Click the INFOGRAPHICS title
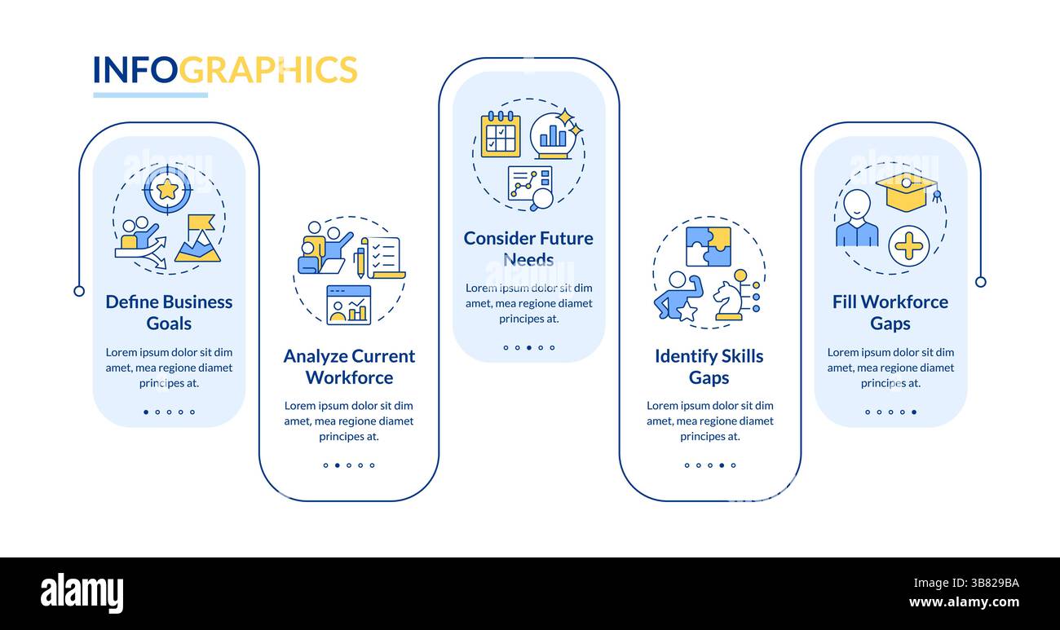point(225,70)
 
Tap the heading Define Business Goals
point(169,312)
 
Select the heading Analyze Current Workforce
point(349,367)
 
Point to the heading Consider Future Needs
point(528,249)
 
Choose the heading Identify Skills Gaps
point(709,367)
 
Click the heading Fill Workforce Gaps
point(890,312)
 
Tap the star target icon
point(167,189)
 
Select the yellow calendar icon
point(500,134)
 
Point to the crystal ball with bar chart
point(554,135)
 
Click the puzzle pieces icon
point(708,246)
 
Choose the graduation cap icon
point(906,190)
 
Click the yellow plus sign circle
point(908,245)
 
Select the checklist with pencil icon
point(381,258)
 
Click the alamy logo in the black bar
point(82,593)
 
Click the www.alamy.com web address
point(964,603)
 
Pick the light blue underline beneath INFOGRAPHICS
point(150,95)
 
